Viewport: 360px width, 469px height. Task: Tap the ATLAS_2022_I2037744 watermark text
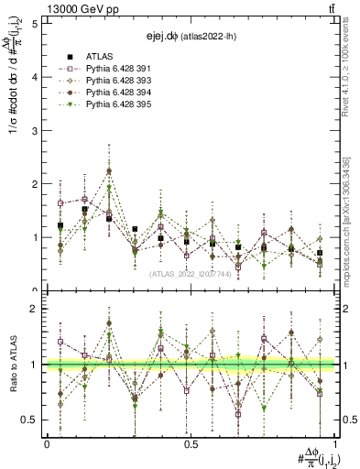[x=191, y=273]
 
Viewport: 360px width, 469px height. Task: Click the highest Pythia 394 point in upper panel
[x=109, y=170]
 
